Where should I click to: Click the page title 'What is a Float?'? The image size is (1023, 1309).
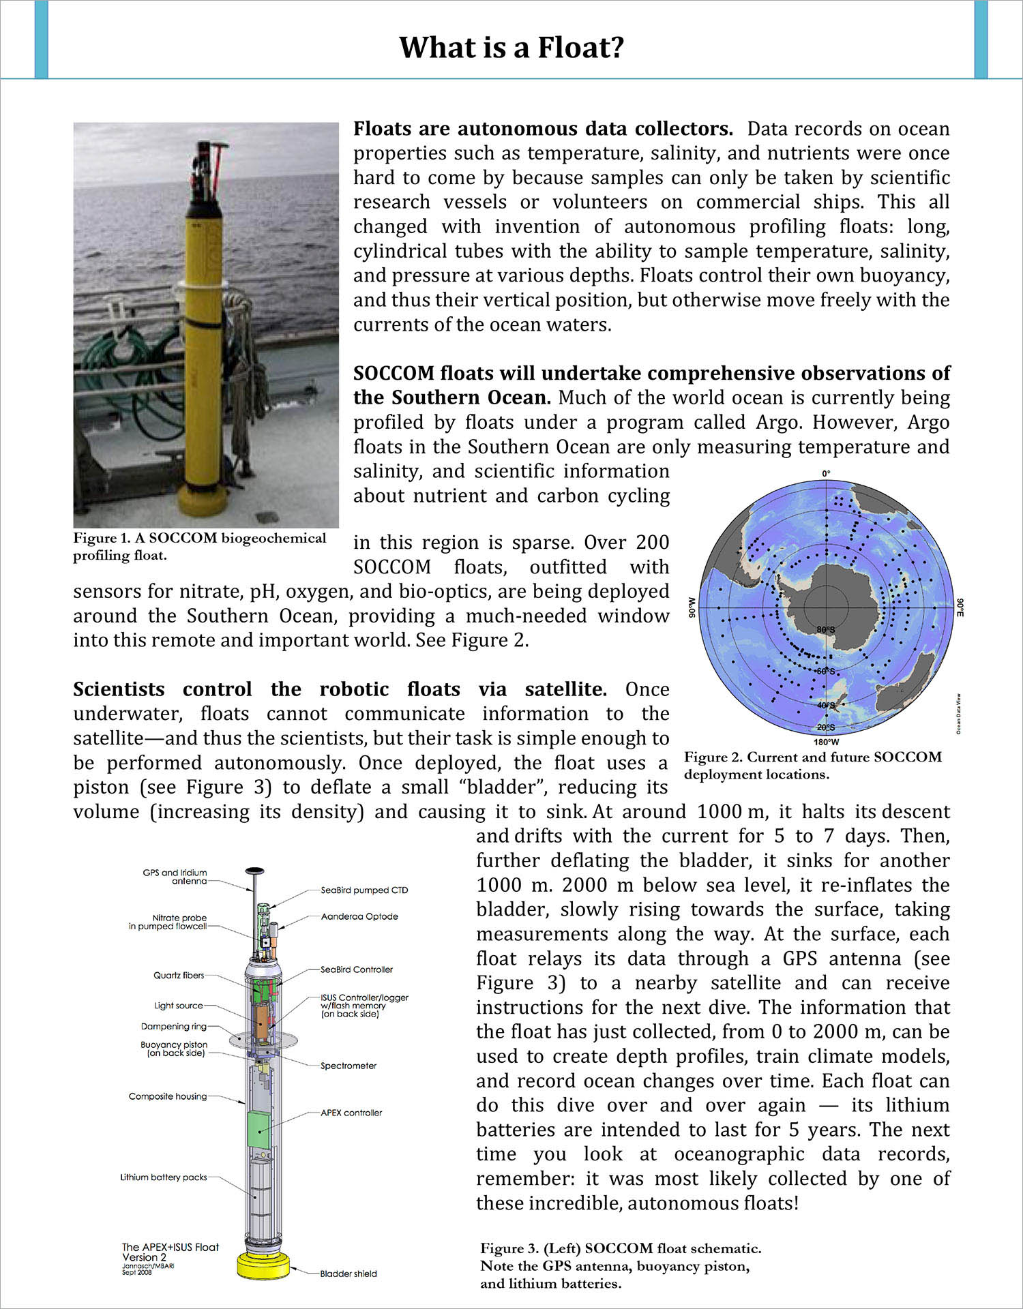[511, 48]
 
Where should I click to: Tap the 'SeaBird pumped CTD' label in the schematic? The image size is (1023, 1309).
[364, 890]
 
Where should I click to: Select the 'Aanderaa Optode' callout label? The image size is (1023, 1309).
[359, 916]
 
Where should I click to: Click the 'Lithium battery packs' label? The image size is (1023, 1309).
[164, 1177]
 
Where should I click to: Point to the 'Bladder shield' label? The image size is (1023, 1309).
[349, 1273]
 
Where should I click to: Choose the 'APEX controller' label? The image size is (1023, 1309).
[351, 1113]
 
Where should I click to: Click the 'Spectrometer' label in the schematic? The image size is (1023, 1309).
[349, 1066]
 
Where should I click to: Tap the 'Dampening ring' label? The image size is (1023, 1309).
[174, 1026]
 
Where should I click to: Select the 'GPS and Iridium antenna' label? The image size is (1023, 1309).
[175, 877]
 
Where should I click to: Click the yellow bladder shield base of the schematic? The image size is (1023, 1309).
[263, 1266]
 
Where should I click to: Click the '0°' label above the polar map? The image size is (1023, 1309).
[826, 473]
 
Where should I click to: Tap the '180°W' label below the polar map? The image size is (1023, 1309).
[826, 742]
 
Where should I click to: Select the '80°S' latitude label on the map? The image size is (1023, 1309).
[826, 630]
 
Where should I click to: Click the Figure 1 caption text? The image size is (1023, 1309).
[200, 546]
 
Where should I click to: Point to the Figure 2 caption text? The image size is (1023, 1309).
[812, 766]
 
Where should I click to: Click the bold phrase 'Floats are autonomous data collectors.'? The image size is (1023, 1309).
[543, 129]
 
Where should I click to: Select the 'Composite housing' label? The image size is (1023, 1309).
[168, 1096]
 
